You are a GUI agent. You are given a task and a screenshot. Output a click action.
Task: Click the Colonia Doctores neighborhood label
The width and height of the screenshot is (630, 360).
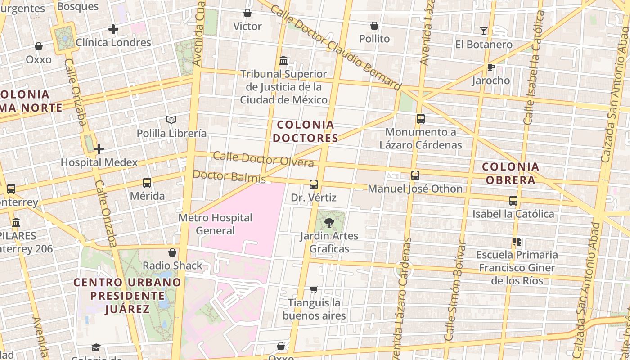[x=306, y=131]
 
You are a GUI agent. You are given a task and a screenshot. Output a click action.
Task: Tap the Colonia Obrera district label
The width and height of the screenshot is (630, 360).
[x=510, y=173]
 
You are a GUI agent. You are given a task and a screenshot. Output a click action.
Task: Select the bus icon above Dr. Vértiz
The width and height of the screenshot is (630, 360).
[x=314, y=184]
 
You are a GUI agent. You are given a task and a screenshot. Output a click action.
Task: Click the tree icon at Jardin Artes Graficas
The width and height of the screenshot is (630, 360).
[x=329, y=222]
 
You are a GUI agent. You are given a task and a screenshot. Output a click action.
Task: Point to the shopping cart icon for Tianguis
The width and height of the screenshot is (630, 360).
[x=314, y=289]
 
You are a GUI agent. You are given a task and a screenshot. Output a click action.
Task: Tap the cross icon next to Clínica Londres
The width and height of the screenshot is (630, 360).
[x=113, y=30]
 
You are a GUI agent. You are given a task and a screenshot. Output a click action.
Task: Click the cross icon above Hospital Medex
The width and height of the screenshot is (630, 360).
[x=99, y=149]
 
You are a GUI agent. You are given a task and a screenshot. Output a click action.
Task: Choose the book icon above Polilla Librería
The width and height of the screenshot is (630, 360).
[x=171, y=120]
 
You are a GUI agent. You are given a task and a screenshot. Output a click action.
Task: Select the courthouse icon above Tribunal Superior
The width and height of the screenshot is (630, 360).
[x=283, y=60]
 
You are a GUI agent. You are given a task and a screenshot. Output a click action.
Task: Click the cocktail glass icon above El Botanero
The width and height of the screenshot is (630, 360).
[x=484, y=31]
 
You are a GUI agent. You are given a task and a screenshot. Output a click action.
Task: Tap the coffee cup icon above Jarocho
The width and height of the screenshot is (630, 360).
[x=490, y=67]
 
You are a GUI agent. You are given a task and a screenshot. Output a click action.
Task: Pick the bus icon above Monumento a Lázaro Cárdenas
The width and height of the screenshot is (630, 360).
[x=421, y=119]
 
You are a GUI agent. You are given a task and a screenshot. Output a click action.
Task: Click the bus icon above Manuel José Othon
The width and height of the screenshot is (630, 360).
[x=415, y=175]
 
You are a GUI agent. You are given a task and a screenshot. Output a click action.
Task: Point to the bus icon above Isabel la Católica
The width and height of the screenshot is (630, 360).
[x=513, y=201]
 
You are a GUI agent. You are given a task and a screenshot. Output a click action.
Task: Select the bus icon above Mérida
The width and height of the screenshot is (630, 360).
[x=147, y=183]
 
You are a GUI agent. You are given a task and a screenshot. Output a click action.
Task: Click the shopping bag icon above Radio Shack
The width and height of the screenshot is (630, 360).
[x=172, y=252]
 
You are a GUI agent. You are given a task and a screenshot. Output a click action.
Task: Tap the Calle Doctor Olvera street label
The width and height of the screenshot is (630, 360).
[x=263, y=159]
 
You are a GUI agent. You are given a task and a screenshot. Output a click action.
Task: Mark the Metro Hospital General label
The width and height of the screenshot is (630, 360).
[x=216, y=224]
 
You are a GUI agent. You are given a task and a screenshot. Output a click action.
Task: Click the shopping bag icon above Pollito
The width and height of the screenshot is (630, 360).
[x=374, y=26]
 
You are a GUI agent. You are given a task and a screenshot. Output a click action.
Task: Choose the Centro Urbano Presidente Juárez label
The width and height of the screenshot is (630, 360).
[x=128, y=296]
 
